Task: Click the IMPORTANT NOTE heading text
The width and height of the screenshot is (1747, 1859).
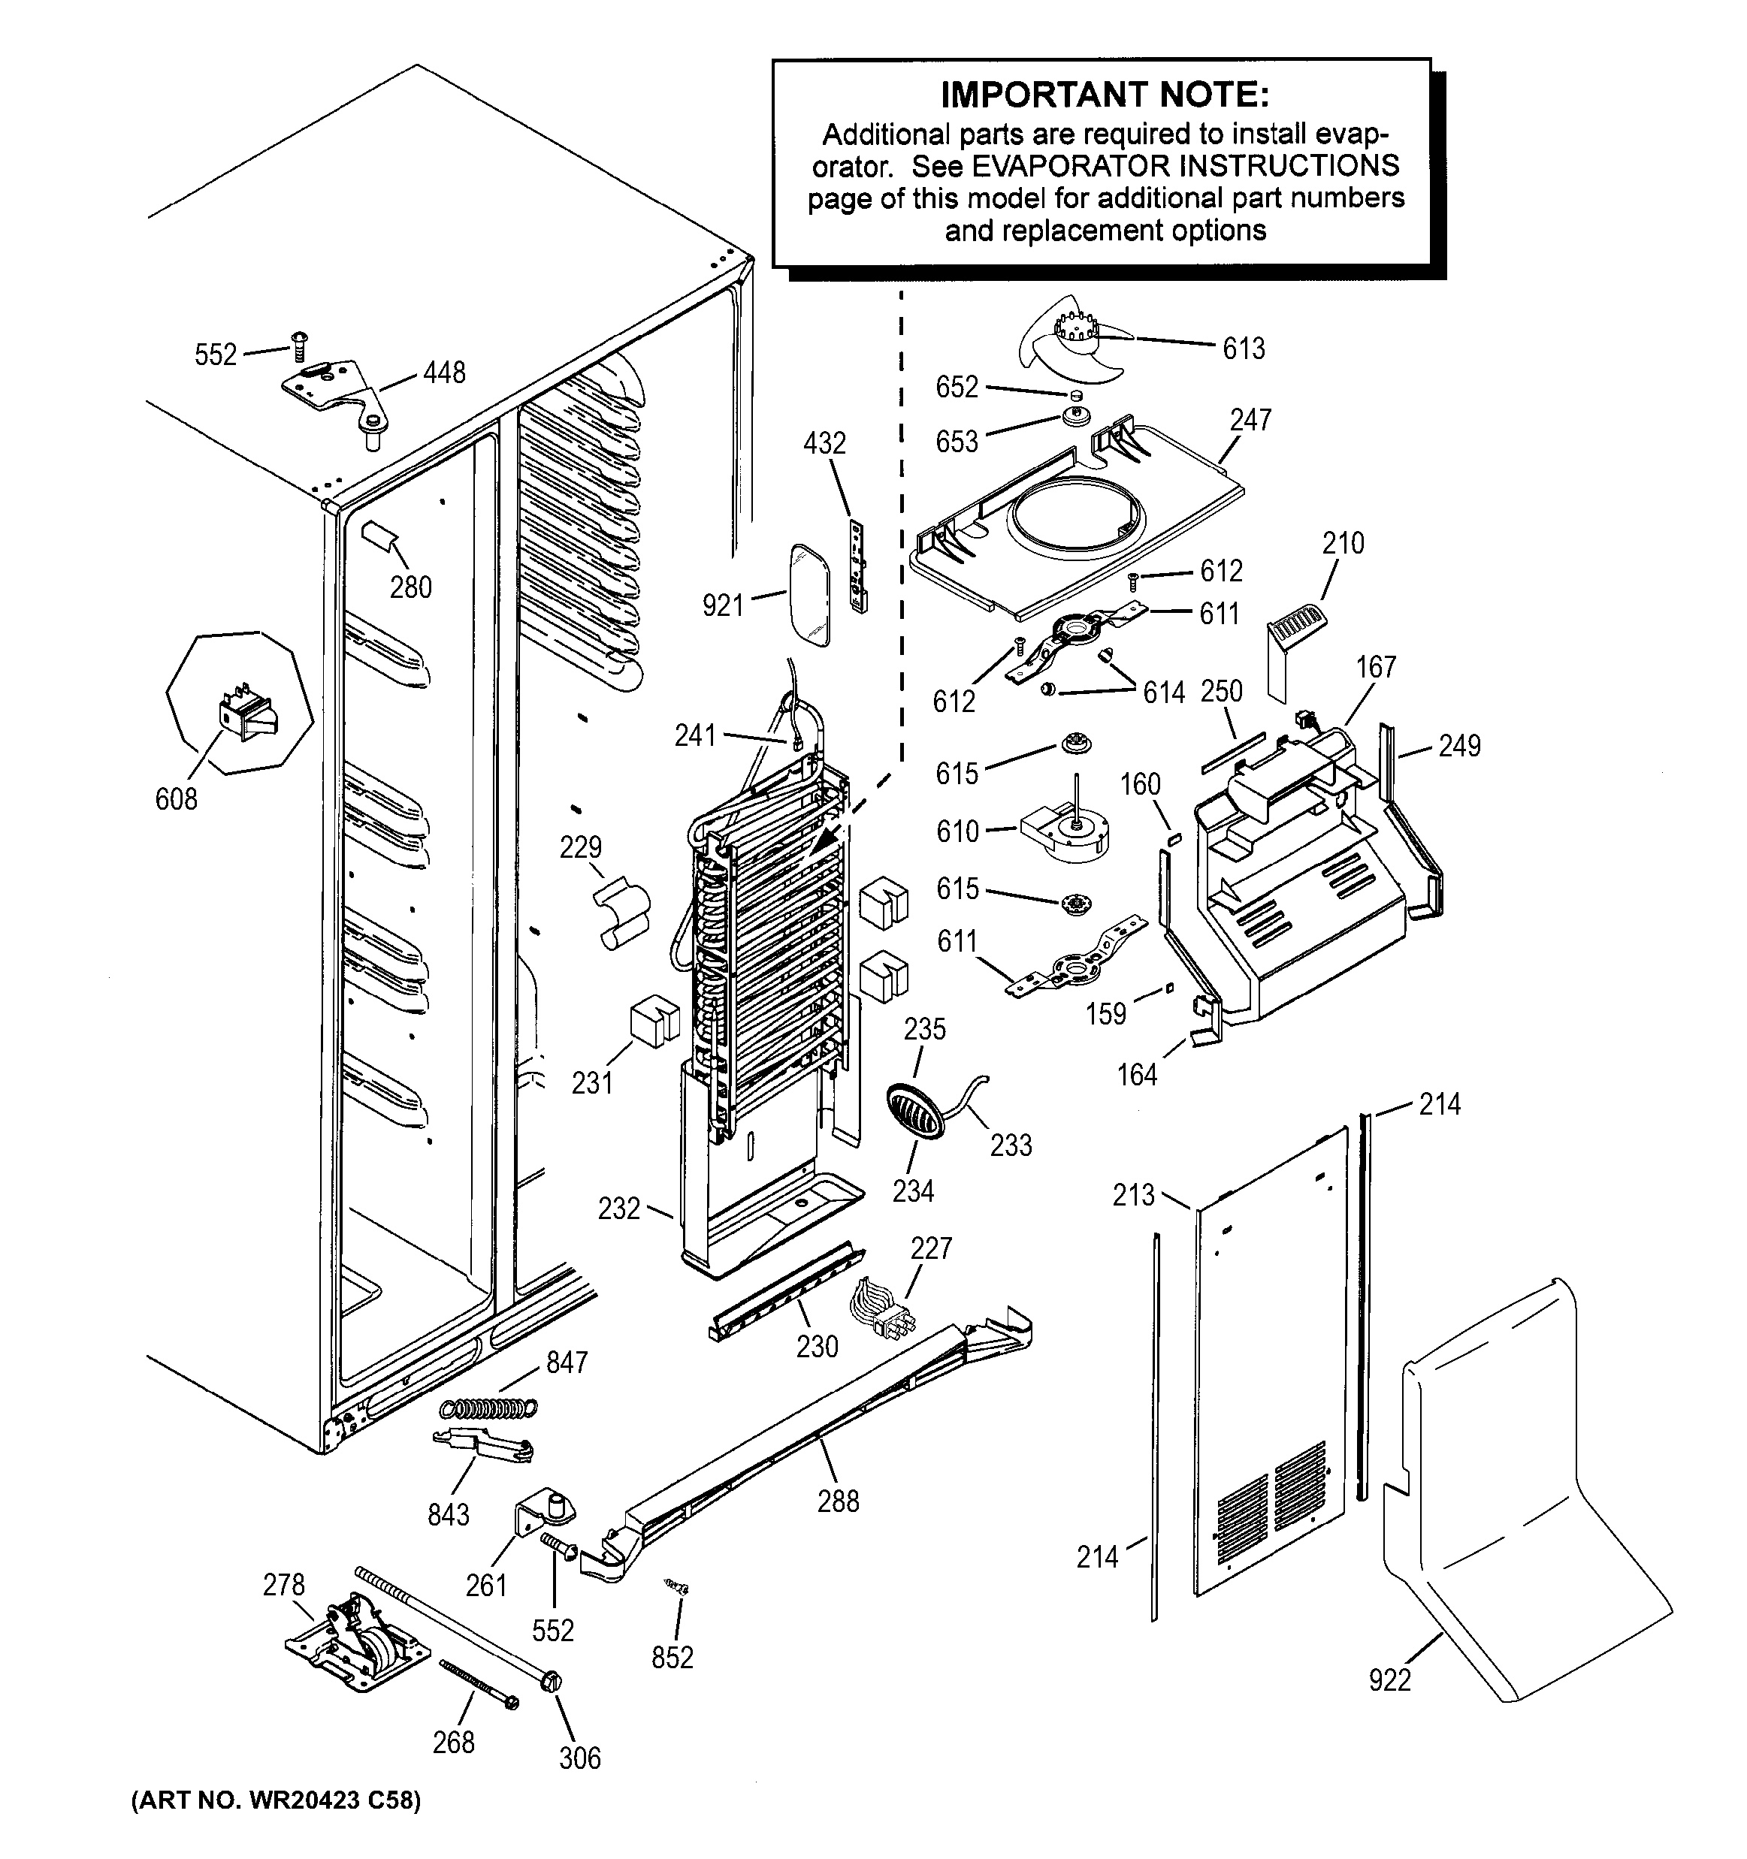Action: coord(1105,95)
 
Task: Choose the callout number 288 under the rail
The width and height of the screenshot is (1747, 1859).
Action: coord(837,1501)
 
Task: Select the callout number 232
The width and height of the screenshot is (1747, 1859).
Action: coord(619,1209)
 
